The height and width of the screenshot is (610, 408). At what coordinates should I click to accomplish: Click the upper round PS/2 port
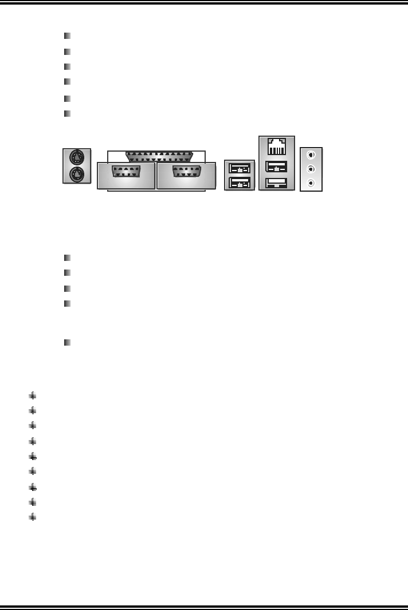pyautogui.click(x=77, y=157)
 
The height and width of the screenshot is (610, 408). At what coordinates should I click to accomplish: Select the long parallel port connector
pyautogui.click(x=159, y=156)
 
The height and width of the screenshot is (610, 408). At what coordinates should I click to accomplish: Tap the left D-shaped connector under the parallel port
pyautogui.click(x=127, y=173)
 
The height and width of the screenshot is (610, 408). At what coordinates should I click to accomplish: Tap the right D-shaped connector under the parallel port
pyautogui.click(x=186, y=173)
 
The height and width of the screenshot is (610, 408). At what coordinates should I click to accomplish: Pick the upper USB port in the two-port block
pyautogui.click(x=239, y=168)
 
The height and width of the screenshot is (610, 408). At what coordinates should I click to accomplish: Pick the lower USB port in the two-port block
pyautogui.click(x=239, y=183)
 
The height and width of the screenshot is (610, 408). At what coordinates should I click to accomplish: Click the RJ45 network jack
pyautogui.click(x=277, y=147)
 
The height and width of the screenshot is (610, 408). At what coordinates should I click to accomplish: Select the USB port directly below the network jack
pyautogui.click(x=277, y=168)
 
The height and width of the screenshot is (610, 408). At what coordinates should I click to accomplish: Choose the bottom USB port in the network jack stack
pyautogui.click(x=277, y=183)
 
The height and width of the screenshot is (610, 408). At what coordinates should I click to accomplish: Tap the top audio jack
pyautogui.click(x=311, y=155)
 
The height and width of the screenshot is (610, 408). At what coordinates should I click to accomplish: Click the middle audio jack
pyautogui.click(x=311, y=169)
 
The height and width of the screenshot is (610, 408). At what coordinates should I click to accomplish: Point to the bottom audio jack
pyautogui.click(x=311, y=183)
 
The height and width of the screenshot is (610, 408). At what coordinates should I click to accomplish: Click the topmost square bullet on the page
pyautogui.click(x=68, y=36)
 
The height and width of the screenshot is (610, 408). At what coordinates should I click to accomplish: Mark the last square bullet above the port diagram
pyautogui.click(x=68, y=113)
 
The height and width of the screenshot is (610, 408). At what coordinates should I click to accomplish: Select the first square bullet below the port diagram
pyautogui.click(x=68, y=257)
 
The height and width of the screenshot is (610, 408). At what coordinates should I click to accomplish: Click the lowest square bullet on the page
pyautogui.click(x=68, y=342)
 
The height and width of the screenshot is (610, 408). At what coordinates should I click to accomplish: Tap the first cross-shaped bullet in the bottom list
pyautogui.click(x=33, y=395)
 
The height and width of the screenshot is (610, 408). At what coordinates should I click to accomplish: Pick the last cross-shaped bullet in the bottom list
pyautogui.click(x=33, y=517)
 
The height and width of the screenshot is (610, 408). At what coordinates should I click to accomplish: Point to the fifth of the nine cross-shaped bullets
pyautogui.click(x=33, y=456)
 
